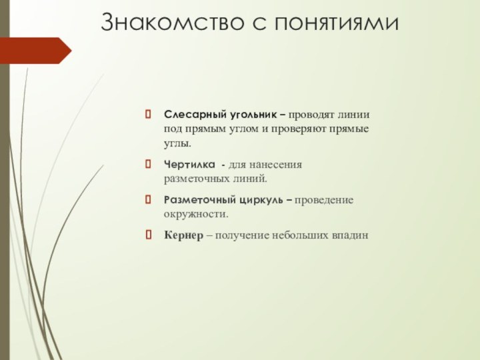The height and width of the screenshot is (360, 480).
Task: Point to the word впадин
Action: [351, 236]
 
